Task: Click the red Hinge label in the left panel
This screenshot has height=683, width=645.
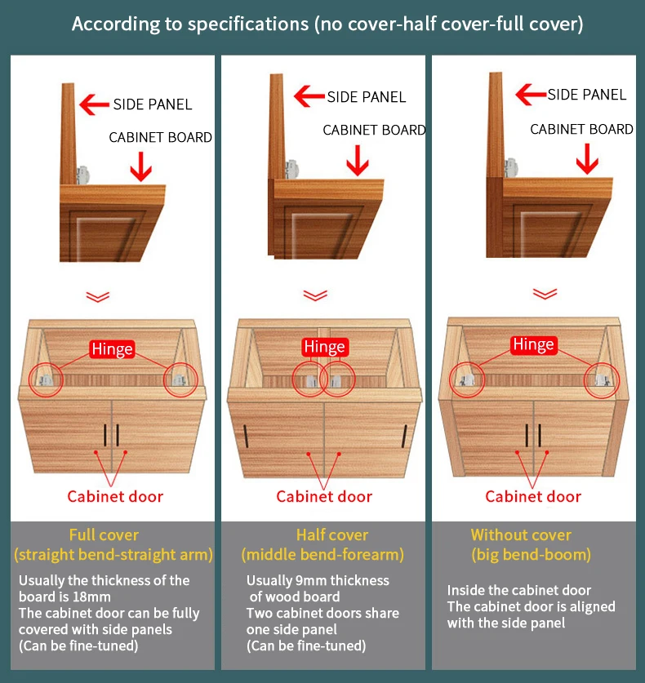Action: (x=113, y=350)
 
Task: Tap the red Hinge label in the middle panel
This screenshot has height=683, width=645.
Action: (x=324, y=347)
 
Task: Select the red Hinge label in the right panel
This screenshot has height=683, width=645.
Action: (x=533, y=345)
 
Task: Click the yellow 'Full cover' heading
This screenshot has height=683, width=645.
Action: (x=104, y=535)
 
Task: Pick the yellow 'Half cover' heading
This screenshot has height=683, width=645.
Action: (x=332, y=535)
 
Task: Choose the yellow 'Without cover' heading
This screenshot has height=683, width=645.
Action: (x=521, y=535)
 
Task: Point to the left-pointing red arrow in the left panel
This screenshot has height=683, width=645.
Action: (x=95, y=104)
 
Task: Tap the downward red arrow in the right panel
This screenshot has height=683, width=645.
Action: (x=587, y=157)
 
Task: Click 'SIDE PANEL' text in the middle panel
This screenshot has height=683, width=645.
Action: (x=367, y=97)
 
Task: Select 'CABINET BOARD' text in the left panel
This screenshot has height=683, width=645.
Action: (x=161, y=137)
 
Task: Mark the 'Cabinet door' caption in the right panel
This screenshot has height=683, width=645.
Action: (x=533, y=496)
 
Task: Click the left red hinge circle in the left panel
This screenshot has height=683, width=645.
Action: (x=46, y=379)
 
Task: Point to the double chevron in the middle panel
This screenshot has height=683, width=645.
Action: (x=315, y=295)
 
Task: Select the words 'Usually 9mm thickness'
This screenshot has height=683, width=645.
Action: (x=318, y=580)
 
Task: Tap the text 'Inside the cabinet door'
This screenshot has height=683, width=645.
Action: (x=518, y=590)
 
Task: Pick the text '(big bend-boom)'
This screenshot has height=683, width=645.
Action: (x=531, y=555)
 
